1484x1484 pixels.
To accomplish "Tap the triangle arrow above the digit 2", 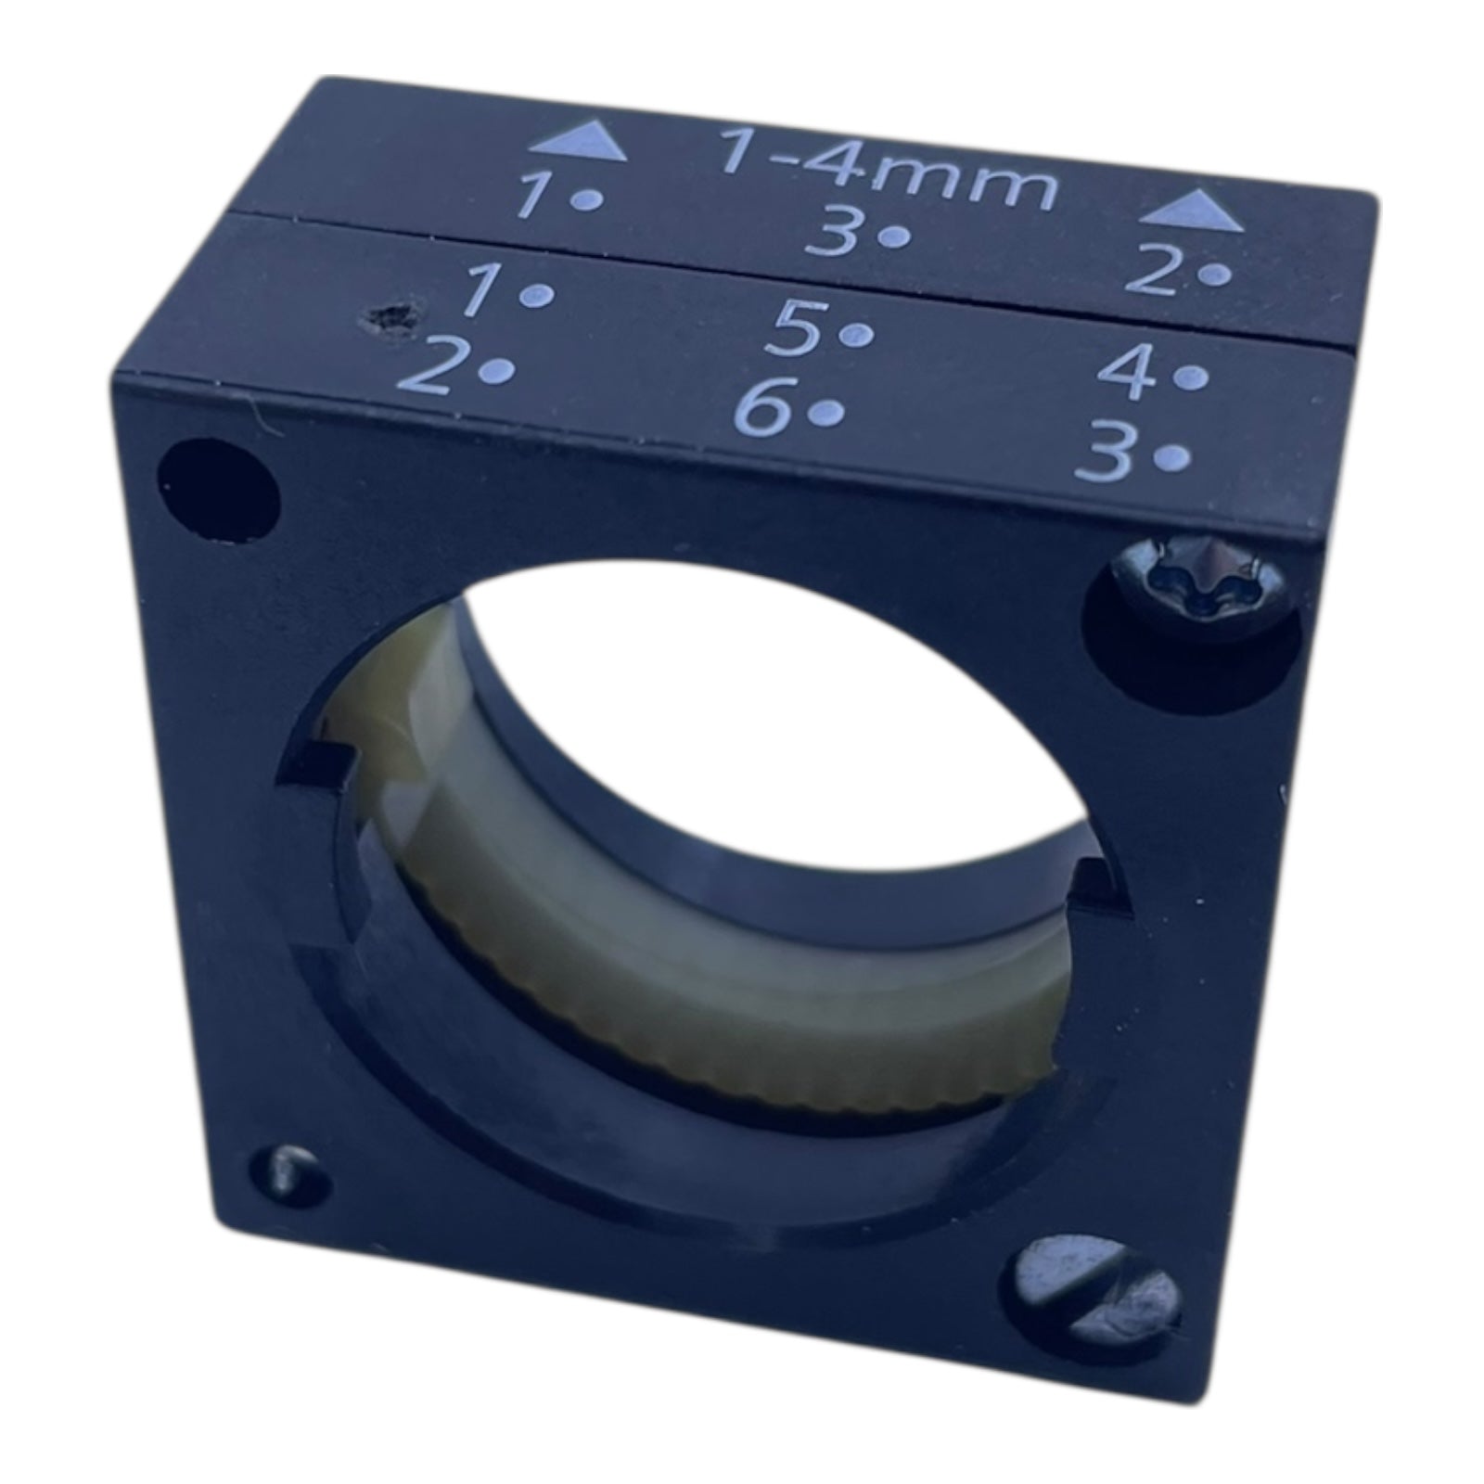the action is [1192, 211].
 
